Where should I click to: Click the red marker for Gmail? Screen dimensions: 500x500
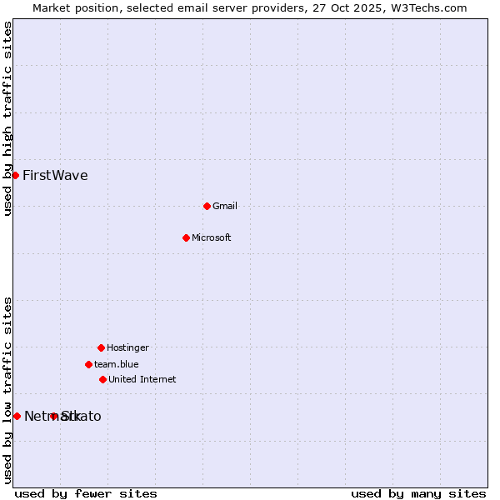207,206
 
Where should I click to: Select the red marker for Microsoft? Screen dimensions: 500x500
186,237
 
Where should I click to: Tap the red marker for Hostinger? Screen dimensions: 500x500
101,347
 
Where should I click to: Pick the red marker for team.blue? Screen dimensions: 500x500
88,364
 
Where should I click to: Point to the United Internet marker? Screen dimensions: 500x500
102,379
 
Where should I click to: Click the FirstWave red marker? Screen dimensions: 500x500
15,175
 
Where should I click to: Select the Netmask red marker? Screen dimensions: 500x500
17,416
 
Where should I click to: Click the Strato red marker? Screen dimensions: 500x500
53,416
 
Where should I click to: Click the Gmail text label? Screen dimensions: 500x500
225,206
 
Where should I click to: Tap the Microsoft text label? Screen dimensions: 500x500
212,237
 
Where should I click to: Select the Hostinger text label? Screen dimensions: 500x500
127,347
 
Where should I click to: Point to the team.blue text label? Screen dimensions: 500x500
117,364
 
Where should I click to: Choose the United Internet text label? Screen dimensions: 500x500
142,379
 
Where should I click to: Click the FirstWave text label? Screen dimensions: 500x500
55,175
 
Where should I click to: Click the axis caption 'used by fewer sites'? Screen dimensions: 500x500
86,493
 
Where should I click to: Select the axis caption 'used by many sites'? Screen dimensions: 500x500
418,493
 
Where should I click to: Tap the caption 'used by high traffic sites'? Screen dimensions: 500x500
7,119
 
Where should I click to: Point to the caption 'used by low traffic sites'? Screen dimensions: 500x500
7,389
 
